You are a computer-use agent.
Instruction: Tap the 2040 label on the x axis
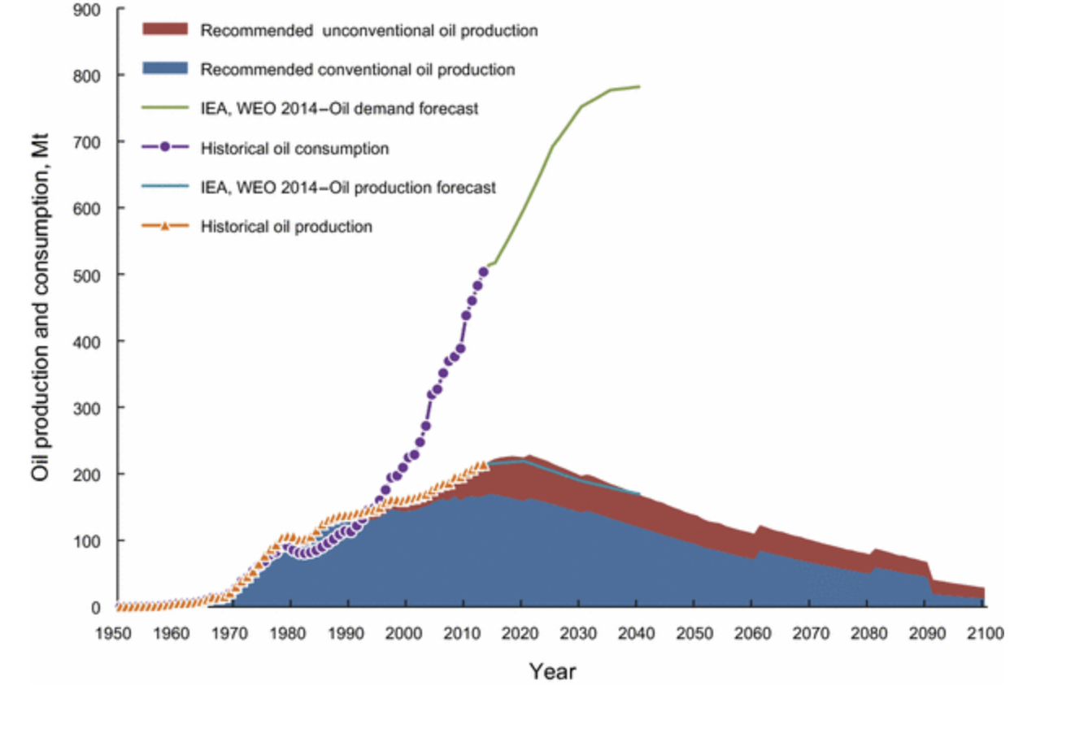click(x=636, y=634)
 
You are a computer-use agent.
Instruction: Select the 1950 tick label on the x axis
click(x=114, y=634)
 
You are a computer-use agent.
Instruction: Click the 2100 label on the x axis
click(x=985, y=634)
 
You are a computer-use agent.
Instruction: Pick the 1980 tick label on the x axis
click(x=288, y=634)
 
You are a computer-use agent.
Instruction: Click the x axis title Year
click(x=552, y=671)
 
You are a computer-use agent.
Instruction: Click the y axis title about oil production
click(x=41, y=307)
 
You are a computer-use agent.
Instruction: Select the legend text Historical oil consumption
click(x=294, y=149)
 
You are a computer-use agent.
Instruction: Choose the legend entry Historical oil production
click(x=286, y=227)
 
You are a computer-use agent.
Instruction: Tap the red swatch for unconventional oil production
click(x=165, y=29)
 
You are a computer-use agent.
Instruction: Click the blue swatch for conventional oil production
click(x=165, y=68)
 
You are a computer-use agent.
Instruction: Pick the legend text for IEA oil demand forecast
click(x=339, y=108)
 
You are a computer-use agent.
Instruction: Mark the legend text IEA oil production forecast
click(x=348, y=188)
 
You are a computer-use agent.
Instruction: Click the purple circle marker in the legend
click(x=165, y=148)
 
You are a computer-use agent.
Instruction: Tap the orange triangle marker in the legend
click(x=165, y=226)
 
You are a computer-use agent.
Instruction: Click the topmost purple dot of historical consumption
click(x=484, y=272)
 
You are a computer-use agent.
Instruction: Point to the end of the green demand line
click(x=639, y=86)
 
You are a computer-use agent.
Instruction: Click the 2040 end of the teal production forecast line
click(x=639, y=493)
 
